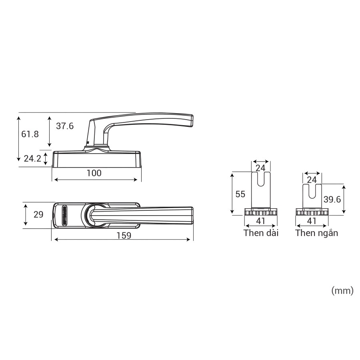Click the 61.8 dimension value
click(30, 134)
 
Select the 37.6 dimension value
click(65, 126)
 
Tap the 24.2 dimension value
click(32, 159)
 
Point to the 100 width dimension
click(94, 173)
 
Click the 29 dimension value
click(38, 214)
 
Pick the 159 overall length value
click(124, 236)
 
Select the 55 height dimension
click(240, 194)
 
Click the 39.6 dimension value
click(332, 200)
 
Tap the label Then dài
click(261, 233)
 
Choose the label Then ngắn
click(317, 233)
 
